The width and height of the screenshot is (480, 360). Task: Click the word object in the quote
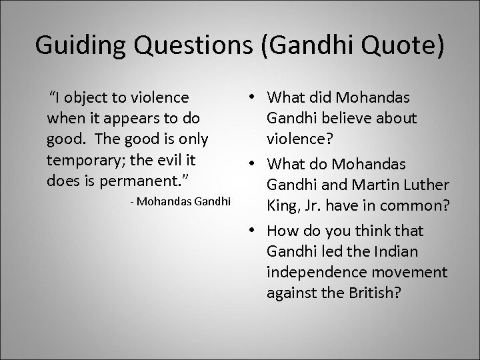pos(92,98)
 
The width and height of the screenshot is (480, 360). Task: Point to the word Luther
pos(426,185)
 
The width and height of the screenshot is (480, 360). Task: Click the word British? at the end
pos(371,293)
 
